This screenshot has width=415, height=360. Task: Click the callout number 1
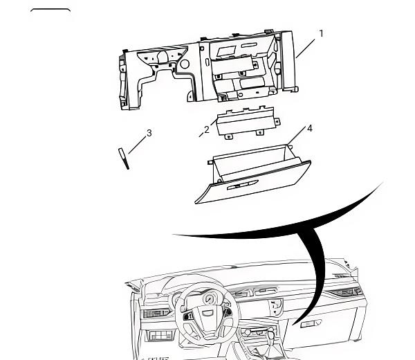coord(322,34)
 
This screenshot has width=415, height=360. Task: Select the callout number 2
coord(207,129)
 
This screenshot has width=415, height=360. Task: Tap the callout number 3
coord(149,133)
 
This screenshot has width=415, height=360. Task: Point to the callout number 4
coord(310,129)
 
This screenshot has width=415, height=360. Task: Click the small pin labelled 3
coord(124,159)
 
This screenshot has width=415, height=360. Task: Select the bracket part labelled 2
coord(248,122)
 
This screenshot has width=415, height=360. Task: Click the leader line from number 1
coord(306,48)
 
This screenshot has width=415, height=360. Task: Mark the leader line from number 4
coord(296,136)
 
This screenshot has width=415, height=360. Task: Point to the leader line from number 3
coord(137,145)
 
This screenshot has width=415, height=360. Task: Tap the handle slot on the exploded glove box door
coord(243,185)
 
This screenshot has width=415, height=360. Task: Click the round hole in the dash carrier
coord(185,64)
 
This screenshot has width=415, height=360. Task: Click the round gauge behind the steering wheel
coord(209,299)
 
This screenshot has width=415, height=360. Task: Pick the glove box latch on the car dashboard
coord(311,323)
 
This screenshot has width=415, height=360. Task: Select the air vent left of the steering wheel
coord(156,314)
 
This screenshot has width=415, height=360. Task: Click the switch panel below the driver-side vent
coord(159,335)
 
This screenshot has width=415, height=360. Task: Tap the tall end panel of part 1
coord(288,62)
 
